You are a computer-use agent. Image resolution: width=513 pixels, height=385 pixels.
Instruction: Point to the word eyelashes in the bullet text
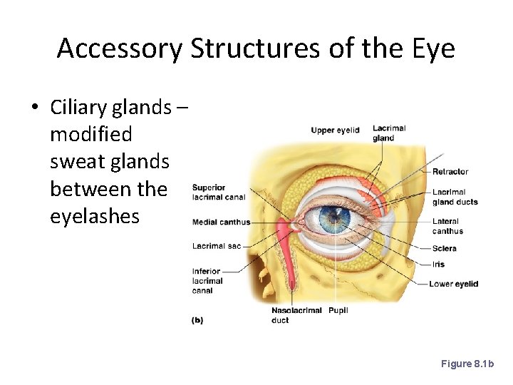(95, 216)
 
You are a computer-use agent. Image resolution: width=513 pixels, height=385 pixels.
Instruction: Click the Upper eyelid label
(335, 130)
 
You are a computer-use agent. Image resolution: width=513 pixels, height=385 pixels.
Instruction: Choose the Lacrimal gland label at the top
(389, 133)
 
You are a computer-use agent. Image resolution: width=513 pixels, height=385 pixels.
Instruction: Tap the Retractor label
(450, 172)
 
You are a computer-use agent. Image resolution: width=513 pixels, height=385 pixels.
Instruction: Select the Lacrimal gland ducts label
(455, 197)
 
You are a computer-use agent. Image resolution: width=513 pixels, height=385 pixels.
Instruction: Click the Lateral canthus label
(447, 226)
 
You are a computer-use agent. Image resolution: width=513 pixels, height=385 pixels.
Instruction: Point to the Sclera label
(444, 249)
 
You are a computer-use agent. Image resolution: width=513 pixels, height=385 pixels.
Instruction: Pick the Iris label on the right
(438, 265)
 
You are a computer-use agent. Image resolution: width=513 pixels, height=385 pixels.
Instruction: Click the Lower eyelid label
(453, 284)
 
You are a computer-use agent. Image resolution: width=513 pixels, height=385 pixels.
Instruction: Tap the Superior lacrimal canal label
(219, 192)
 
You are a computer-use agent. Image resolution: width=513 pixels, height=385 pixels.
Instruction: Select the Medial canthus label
(221, 222)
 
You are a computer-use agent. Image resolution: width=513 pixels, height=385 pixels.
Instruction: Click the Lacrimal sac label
(217, 247)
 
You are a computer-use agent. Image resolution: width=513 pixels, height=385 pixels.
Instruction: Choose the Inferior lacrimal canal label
(207, 281)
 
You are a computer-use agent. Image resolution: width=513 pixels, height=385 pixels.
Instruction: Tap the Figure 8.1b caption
(467, 364)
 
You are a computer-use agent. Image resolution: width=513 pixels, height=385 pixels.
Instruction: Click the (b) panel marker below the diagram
(197, 321)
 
